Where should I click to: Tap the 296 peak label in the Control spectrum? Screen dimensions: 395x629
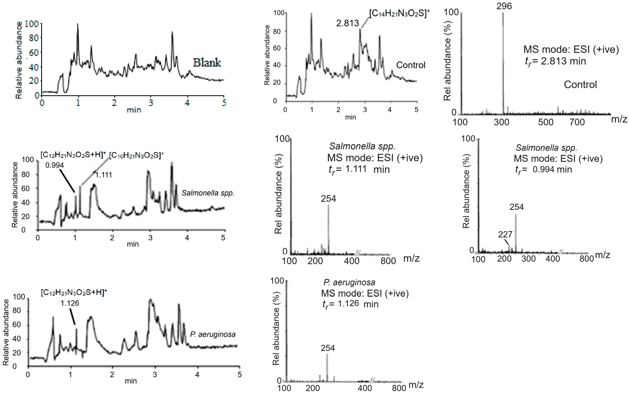[x=504, y=6]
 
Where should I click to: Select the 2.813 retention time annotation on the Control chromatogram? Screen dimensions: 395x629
[x=347, y=23]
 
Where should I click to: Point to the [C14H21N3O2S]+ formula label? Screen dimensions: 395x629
[x=399, y=13]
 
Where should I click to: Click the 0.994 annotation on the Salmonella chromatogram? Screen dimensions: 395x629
[x=55, y=165]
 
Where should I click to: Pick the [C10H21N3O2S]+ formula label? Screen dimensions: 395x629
[x=136, y=155]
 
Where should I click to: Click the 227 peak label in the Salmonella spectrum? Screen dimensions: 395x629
[x=505, y=234]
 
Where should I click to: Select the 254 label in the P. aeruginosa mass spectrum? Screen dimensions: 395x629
[x=328, y=348]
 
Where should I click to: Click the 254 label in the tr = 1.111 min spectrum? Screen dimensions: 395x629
[x=328, y=199]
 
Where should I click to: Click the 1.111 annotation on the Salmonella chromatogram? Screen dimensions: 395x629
[x=104, y=175]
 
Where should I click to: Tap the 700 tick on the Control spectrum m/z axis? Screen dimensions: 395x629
[x=577, y=122]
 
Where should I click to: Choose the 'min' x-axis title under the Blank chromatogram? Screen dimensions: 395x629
[x=134, y=110]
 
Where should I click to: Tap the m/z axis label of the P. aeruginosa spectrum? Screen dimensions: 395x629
[x=416, y=385]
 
